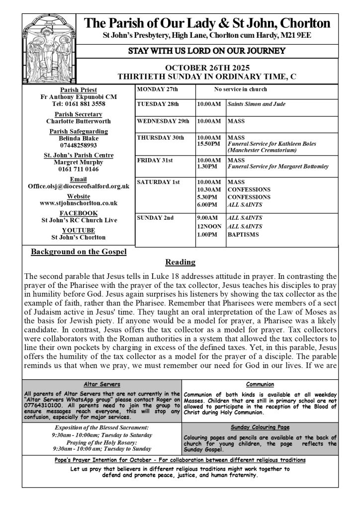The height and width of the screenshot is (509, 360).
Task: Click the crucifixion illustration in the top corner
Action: (49, 47)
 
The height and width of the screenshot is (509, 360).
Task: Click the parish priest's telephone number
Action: (79, 104)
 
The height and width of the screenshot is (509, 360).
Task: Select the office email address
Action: (79, 186)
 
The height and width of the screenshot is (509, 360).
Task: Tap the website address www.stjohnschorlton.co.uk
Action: (79, 203)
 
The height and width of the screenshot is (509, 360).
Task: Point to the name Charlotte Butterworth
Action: (79, 120)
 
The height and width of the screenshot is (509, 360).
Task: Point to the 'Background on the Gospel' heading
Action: (79, 252)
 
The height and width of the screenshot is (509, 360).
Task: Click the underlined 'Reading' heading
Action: (180, 261)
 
